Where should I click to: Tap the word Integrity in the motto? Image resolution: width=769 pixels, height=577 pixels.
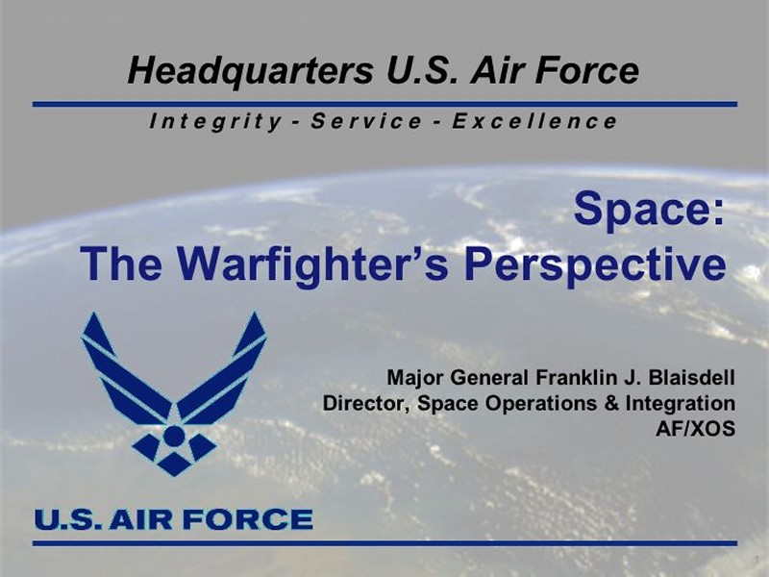click(215, 122)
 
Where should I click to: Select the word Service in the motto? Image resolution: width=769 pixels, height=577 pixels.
click(366, 121)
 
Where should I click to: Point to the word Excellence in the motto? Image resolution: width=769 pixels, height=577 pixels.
click(534, 121)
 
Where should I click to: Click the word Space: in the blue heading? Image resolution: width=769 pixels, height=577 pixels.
click(649, 210)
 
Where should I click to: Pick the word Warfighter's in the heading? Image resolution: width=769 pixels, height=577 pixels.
click(312, 264)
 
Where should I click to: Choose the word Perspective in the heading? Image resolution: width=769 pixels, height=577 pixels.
click(595, 265)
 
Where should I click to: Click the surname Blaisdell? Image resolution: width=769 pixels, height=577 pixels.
click(691, 378)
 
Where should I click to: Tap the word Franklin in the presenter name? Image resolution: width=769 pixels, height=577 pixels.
click(573, 378)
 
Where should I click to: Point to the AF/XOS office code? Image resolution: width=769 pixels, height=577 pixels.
click(695, 429)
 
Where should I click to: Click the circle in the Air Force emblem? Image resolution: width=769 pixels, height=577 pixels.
click(174, 436)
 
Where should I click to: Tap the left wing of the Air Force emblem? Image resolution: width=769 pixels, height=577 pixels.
click(126, 372)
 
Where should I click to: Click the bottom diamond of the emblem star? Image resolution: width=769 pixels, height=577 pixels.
click(174, 464)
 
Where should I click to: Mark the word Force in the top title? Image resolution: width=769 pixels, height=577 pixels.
click(586, 71)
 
